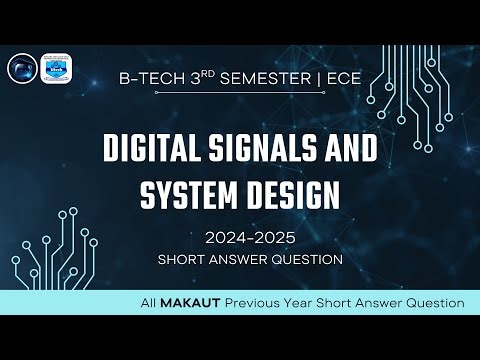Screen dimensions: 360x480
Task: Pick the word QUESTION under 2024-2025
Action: pos(306,259)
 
